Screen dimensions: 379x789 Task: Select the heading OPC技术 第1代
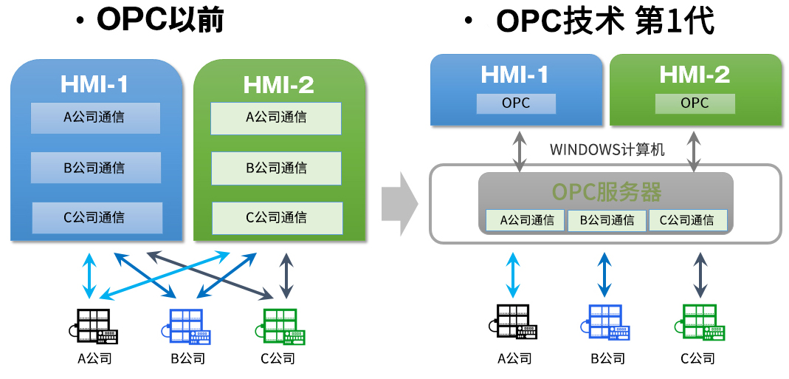tap(605, 22)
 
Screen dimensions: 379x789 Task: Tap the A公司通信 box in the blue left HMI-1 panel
tap(95, 117)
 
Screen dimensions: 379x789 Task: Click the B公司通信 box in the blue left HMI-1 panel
tap(95, 168)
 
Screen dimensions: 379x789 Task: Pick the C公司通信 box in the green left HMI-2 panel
tap(278, 218)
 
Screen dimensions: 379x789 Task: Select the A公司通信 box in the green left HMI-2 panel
tap(276, 117)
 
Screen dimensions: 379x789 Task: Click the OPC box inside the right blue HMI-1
tap(516, 103)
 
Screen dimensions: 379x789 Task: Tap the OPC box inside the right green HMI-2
tap(695, 103)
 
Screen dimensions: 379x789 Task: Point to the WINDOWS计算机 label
tap(607, 150)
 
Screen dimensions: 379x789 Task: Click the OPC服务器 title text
tap(607, 192)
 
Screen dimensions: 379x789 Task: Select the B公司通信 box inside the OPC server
tap(607, 220)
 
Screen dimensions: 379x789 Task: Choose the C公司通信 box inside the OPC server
tap(687, 220)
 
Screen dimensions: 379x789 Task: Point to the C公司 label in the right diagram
tap(697, 359)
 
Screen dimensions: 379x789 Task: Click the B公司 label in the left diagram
tap(187, 359)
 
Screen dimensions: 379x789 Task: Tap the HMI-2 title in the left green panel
tap(278, 84)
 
